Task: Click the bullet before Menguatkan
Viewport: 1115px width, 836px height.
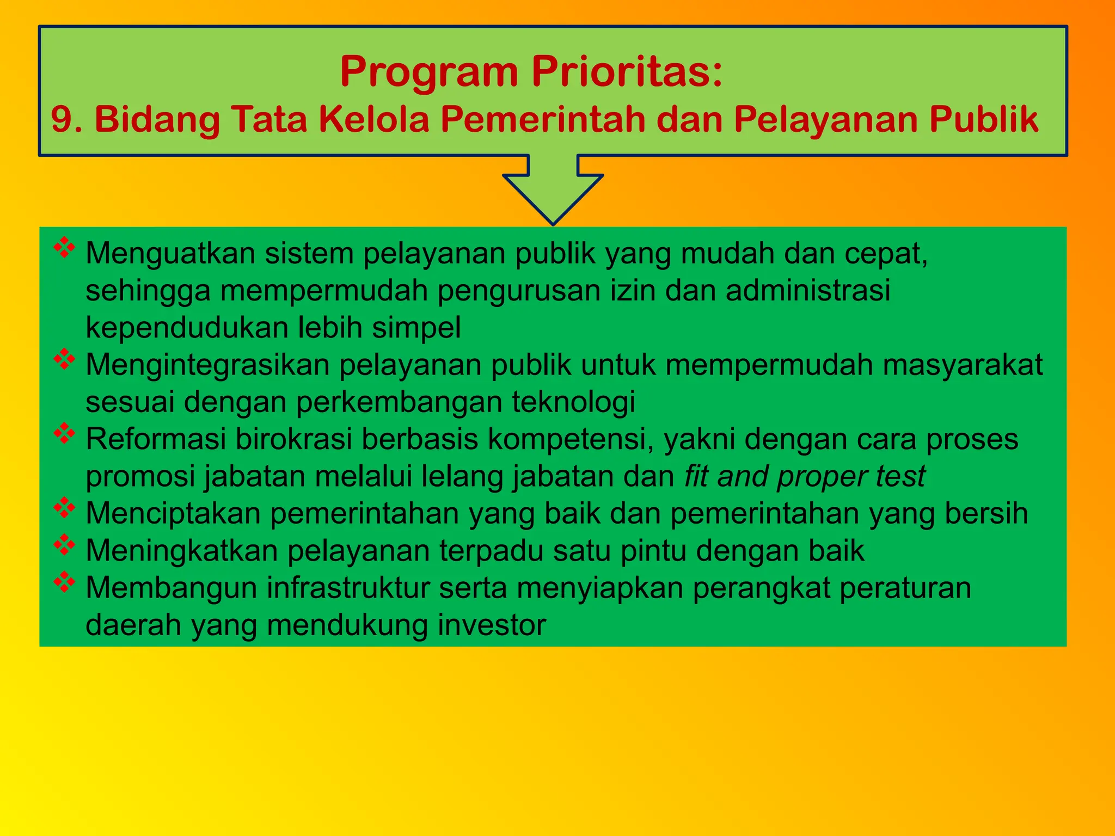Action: coord(64,247)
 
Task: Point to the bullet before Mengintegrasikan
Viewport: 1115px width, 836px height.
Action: coord(64,359)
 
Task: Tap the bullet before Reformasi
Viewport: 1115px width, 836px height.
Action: coord(64,433)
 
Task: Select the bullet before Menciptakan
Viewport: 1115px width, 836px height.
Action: coord(64,507)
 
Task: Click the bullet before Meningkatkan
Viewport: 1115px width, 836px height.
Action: coord(64,544)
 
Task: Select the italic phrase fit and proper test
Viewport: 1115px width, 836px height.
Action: coord(805,477)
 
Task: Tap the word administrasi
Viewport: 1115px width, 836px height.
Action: coord(808,291)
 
